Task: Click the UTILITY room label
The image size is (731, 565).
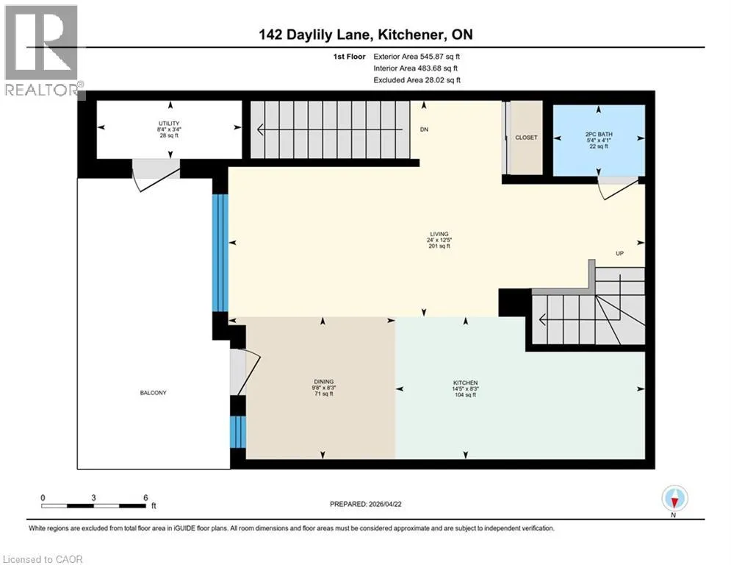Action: (169, 124)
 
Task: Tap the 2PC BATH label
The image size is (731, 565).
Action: (599, 134)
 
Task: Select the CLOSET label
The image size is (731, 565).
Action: (526, 138)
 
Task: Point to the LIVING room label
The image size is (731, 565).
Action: (439, 234)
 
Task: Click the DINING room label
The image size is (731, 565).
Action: (323, 382)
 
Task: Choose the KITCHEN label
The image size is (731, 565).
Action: (465, 383)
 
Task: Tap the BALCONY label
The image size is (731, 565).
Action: (153, 393)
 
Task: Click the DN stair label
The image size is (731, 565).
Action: (424, 129)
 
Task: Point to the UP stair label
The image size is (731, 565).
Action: (619, 254)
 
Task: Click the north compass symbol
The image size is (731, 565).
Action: (674, 499)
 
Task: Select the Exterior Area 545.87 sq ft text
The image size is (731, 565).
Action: (417, 57)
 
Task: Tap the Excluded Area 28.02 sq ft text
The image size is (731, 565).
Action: (417, 80)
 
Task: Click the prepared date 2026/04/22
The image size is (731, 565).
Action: (385, 504)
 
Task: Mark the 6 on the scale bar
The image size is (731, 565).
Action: (145, 498)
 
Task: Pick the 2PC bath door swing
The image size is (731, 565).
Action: (618, 188)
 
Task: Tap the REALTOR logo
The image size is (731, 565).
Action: (43, 51)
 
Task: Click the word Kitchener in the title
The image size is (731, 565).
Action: (410, 35)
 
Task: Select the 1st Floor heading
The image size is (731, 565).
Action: (349, 57)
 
